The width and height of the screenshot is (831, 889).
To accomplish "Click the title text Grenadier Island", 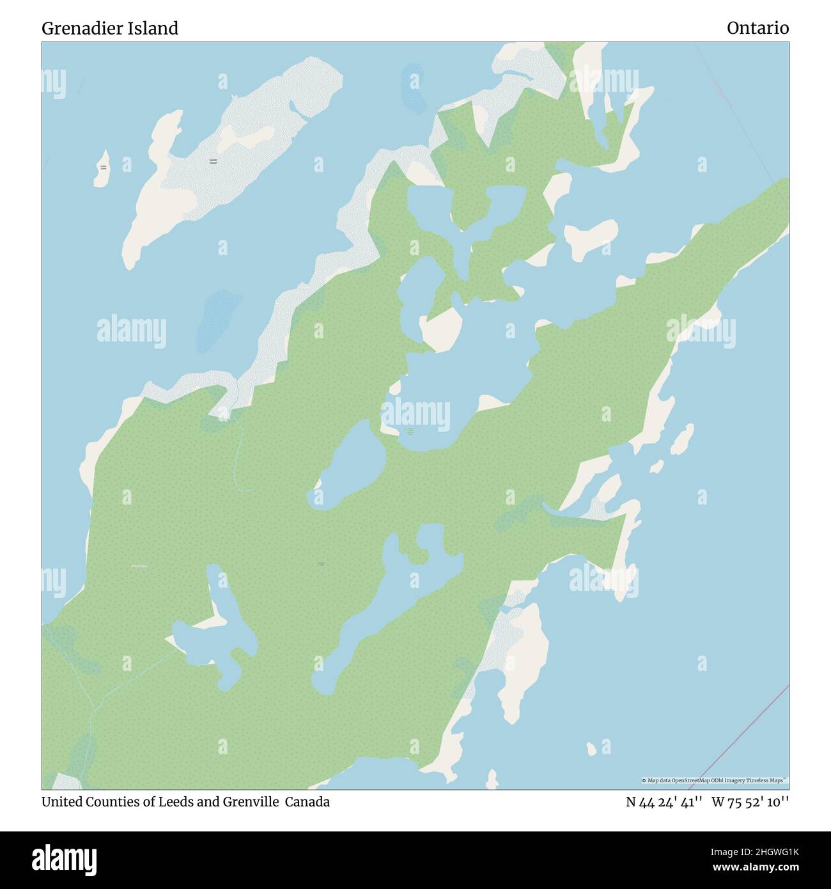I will pos(110,28).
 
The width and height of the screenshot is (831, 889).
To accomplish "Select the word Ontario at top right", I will pos(757,28).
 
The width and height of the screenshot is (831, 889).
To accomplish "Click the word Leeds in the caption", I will pos(176,802).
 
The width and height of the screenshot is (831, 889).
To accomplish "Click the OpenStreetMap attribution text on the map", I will pos(715,780).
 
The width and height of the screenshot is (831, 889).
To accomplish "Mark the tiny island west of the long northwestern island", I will pos(102,169).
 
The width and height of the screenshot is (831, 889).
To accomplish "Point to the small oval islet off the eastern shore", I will pos(683,438).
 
